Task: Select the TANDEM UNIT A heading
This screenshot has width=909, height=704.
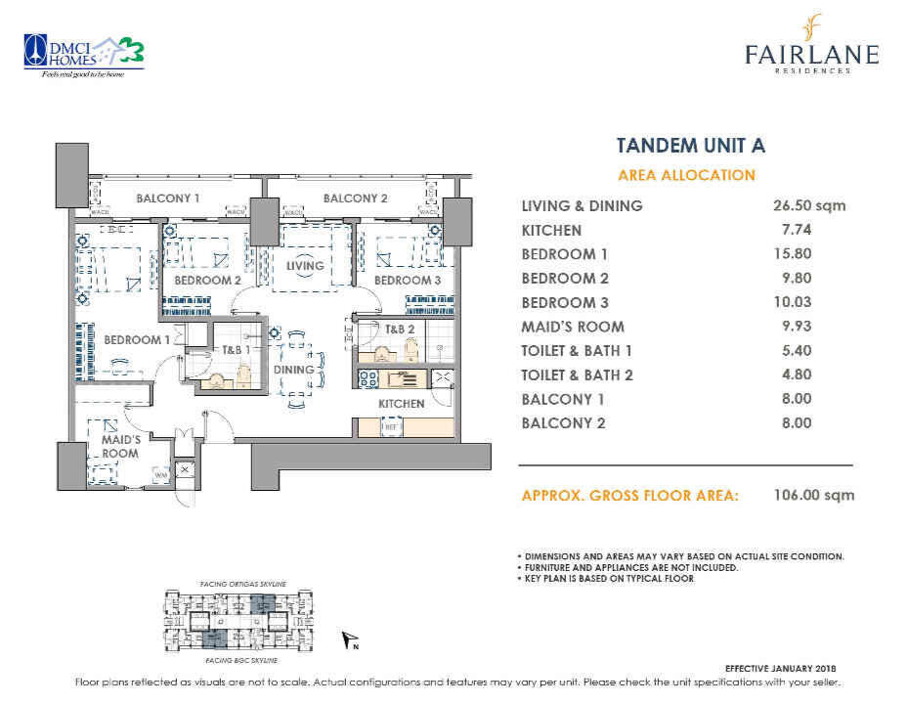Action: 690,146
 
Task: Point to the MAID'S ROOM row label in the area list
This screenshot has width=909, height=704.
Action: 573,327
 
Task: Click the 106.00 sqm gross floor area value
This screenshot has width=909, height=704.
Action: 810,495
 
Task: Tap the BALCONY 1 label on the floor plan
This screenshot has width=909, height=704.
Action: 168,198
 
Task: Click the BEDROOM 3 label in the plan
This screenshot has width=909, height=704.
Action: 408,281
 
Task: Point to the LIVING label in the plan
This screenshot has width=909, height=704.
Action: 305,265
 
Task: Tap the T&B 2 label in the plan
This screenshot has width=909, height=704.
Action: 401,330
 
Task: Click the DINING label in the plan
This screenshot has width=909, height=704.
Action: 293,370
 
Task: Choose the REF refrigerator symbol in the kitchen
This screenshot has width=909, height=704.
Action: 389,427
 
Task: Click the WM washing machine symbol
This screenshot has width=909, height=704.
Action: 159,476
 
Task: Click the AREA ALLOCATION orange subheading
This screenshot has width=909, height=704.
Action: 686,175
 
